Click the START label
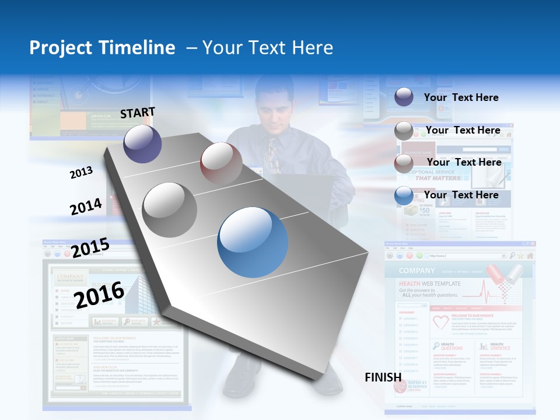(138, 113)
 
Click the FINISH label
(383, 377)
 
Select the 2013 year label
(81, 173)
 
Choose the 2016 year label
(100, 295)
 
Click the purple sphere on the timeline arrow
(142, 143)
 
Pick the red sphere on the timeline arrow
(221, 163)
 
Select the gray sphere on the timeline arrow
(170, 209)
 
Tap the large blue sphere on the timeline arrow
(253, 242)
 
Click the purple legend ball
(404, 97)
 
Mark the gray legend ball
(404, 131)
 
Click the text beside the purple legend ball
(461, 97)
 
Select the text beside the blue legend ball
(461, 195)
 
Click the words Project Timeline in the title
(102, 48)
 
